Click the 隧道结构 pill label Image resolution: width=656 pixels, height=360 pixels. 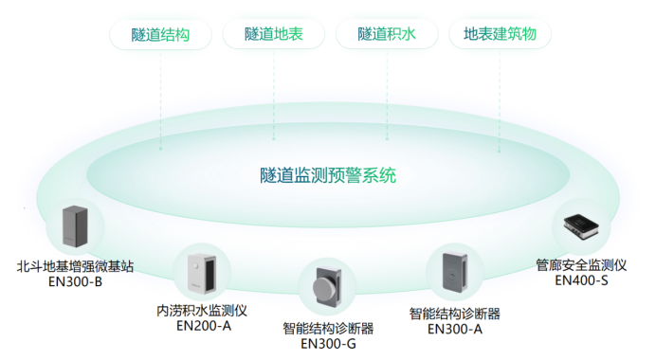[161, 35]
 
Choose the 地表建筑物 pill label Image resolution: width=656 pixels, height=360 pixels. [500, 35]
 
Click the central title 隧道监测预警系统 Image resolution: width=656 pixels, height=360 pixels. [327, 175]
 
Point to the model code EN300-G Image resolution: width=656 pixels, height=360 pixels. [328, 343]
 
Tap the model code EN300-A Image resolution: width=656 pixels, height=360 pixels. [455, 329]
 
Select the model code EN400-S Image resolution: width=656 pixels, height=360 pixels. [581, 279]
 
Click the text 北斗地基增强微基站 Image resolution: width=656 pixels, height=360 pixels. [76, 266]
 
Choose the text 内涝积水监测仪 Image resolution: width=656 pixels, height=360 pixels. [202, 310]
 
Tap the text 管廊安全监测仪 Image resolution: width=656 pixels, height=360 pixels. [581, 264]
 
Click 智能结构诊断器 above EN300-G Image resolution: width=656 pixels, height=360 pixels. [328, 328]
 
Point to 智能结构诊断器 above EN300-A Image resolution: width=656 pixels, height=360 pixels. [455, 313]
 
